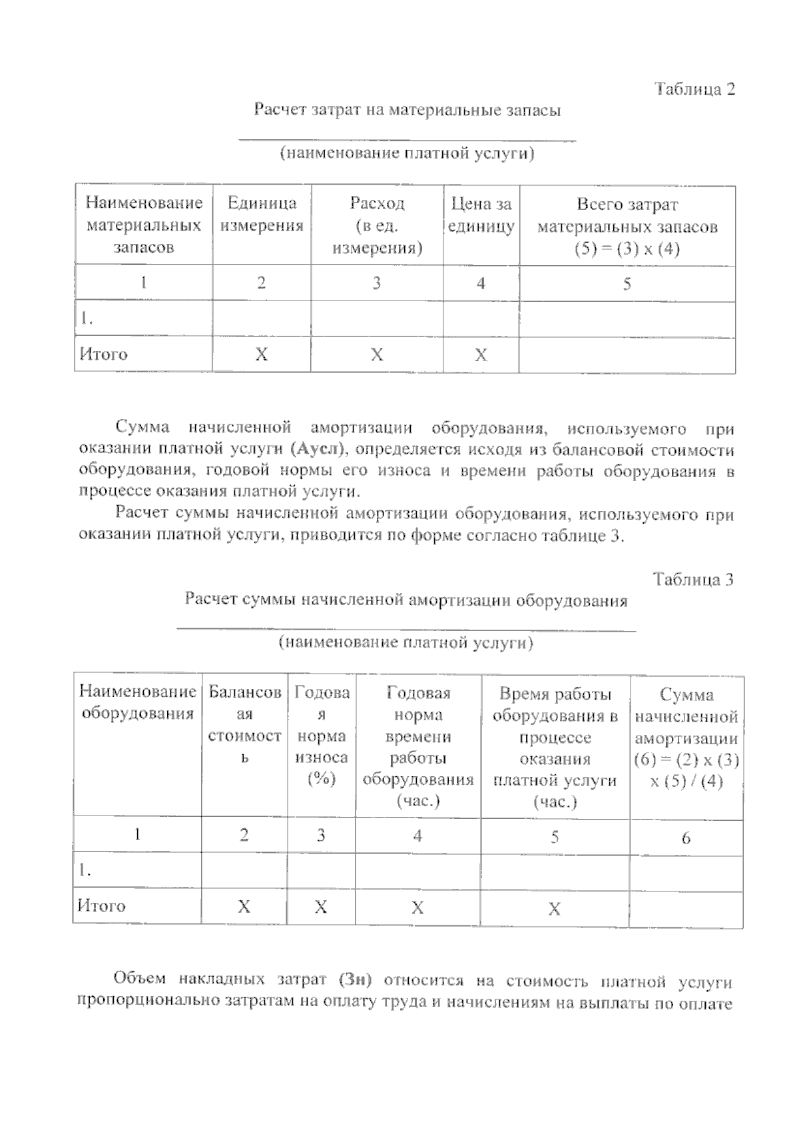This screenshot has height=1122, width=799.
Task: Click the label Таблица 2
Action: coord(694,89)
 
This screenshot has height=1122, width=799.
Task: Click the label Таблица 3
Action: coord(693,579)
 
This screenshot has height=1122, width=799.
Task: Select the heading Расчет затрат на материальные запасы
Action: coord(407,110)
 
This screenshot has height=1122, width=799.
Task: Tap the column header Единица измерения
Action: coord(262,215)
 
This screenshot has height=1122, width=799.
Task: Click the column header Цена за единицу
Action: coord(481,215)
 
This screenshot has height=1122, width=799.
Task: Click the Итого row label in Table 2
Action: coord(103,354)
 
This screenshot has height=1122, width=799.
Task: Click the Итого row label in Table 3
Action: coord(102,906)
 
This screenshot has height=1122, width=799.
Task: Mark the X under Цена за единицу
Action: coord(481,355)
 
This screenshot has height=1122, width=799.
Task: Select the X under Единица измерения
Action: coord(262,355)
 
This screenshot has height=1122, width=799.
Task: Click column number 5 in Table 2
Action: coord(627,284)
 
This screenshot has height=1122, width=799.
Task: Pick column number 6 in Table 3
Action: coord(686,838)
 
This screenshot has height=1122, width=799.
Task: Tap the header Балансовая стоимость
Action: coord(244,725)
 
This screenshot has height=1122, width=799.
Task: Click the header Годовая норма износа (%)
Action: coord(322,736)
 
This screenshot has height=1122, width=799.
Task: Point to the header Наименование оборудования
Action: coord(138,703)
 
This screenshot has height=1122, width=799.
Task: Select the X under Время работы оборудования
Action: coord(554,909)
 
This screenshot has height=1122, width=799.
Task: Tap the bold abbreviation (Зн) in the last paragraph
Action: coord(354,980)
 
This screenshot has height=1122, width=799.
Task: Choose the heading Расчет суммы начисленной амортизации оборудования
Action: coord(406,600)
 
